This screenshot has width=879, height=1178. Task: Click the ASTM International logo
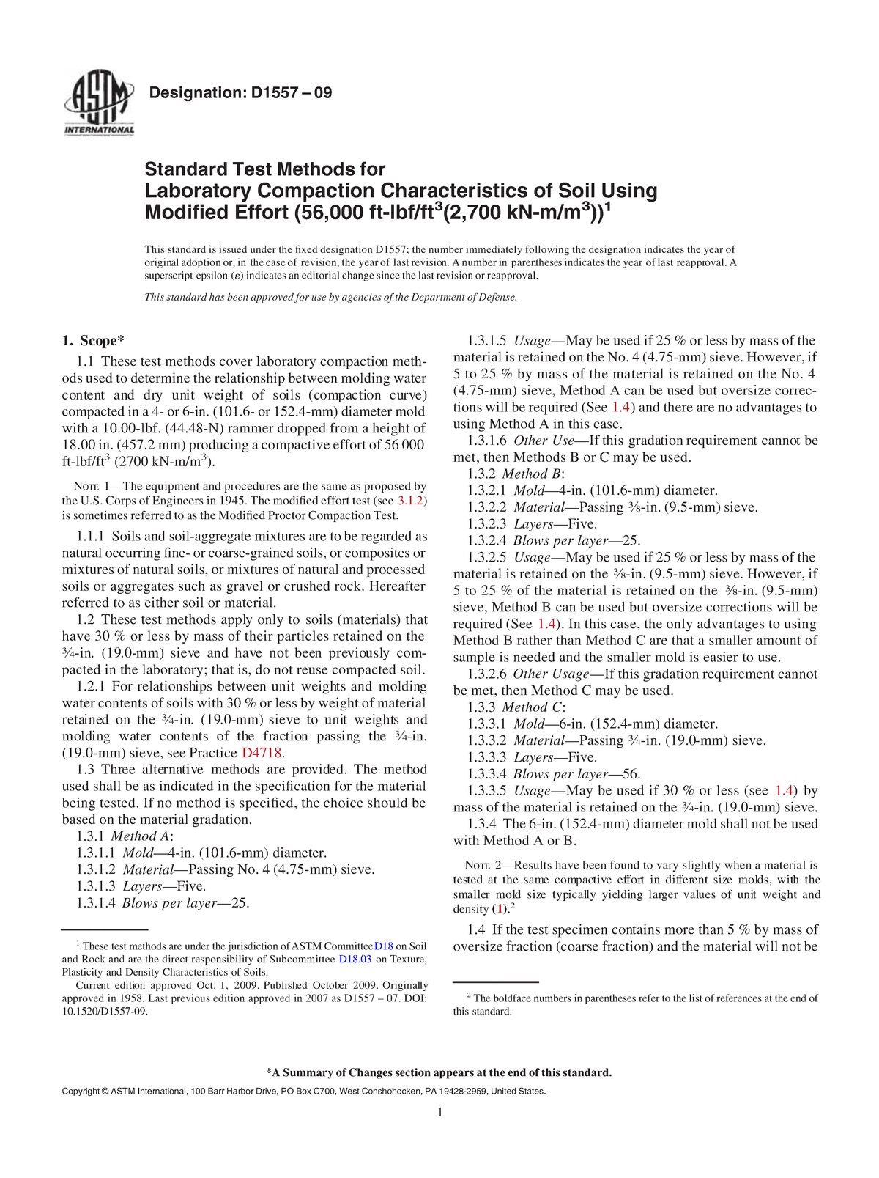pos(99,104)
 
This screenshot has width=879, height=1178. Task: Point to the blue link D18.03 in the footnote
pos(355,959)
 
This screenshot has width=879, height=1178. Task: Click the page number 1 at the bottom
pos(440,1113)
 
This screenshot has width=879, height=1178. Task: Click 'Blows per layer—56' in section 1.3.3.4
pos(576,774)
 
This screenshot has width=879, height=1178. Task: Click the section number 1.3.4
pos(482,824)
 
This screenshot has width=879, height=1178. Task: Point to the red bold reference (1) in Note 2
pos(500,909)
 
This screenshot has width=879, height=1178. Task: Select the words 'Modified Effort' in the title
pos(215,213)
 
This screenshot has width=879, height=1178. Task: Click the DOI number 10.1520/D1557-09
pos(105,1012)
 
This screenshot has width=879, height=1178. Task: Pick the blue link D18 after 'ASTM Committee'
pos(384,946)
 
